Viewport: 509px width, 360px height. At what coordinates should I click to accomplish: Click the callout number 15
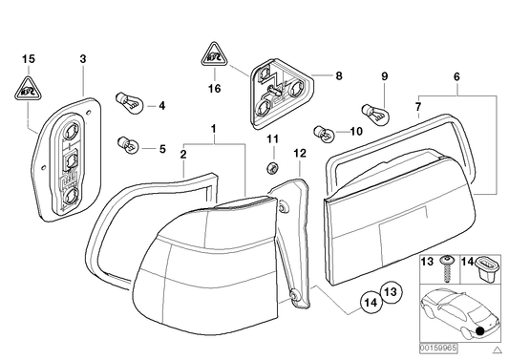[x=29, y=60]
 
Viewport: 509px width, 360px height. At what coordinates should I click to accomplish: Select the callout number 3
[x=82, y=60]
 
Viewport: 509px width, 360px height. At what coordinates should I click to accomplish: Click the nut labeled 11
[x=270, y=169]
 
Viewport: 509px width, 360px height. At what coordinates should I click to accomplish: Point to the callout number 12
[x=299, y=152]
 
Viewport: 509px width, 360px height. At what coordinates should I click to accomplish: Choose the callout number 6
[x=456, y=75]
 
